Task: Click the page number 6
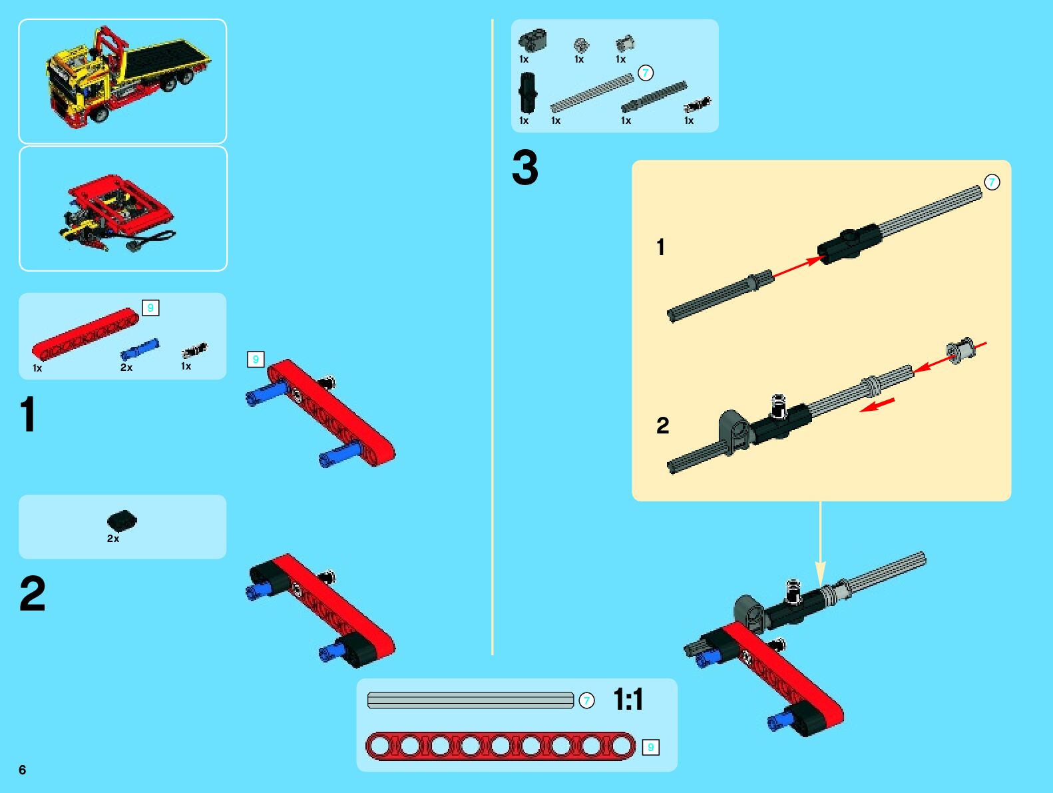point(22,770)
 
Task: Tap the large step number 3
point(525,167)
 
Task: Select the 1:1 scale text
point(628,700)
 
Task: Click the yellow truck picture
point(128,76)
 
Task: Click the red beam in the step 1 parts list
point(85,334)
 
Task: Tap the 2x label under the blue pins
point(126,368)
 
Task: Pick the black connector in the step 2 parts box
point(122,521)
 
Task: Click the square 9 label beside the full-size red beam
point(650,747)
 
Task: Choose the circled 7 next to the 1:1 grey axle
point(586,700)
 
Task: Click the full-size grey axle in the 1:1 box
point(471,700)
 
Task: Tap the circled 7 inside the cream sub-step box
point(992,182)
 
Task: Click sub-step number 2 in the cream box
point(662,425)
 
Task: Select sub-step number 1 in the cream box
point(660,247)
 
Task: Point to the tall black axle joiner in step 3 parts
point(527,93)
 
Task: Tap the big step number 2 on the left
point(33,594)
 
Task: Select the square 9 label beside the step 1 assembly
point(256,360)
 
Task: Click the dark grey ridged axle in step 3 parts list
point(654,97)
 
